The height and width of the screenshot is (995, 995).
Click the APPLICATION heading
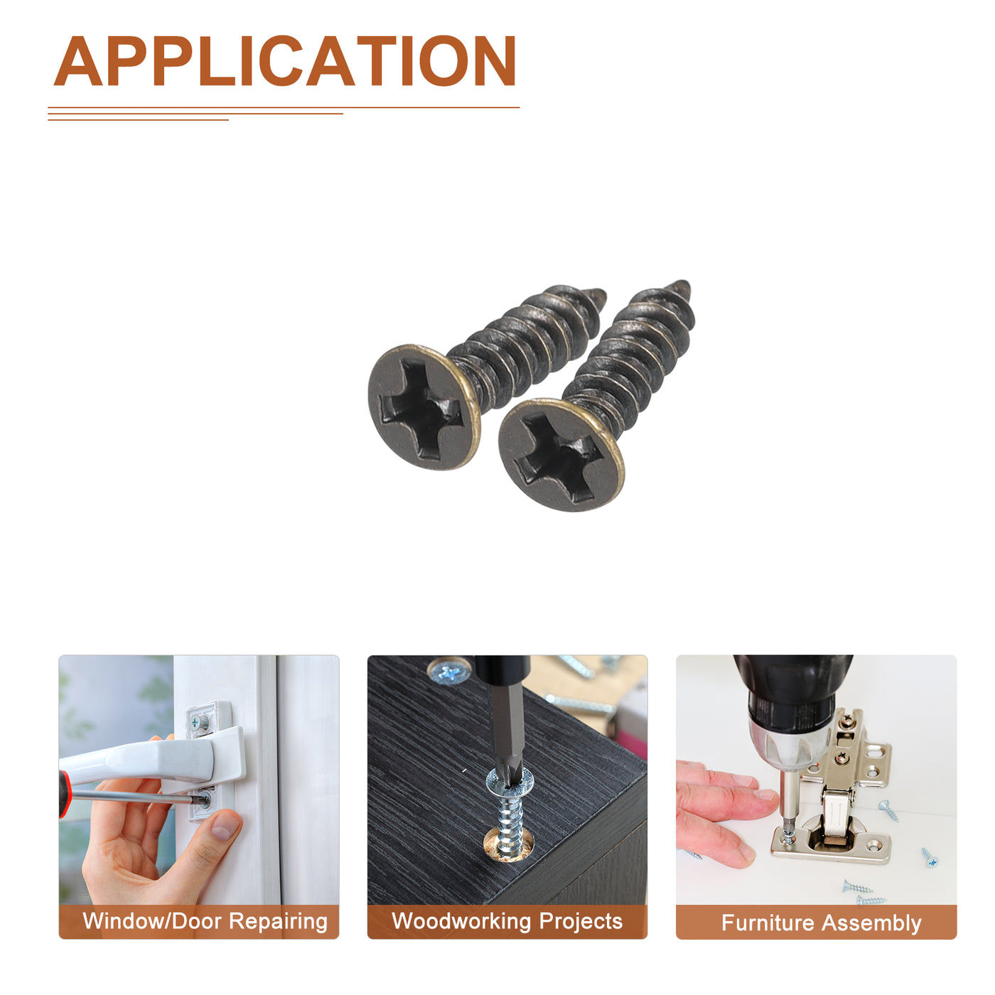click(x=284, y=60)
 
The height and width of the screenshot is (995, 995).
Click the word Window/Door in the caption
click(x=152, y=920)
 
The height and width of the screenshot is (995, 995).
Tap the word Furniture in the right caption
click(x=768, y=923)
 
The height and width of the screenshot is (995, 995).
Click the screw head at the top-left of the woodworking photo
click(x=448, y=671)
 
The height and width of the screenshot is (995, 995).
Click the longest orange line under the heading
click(x=284, y=107)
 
